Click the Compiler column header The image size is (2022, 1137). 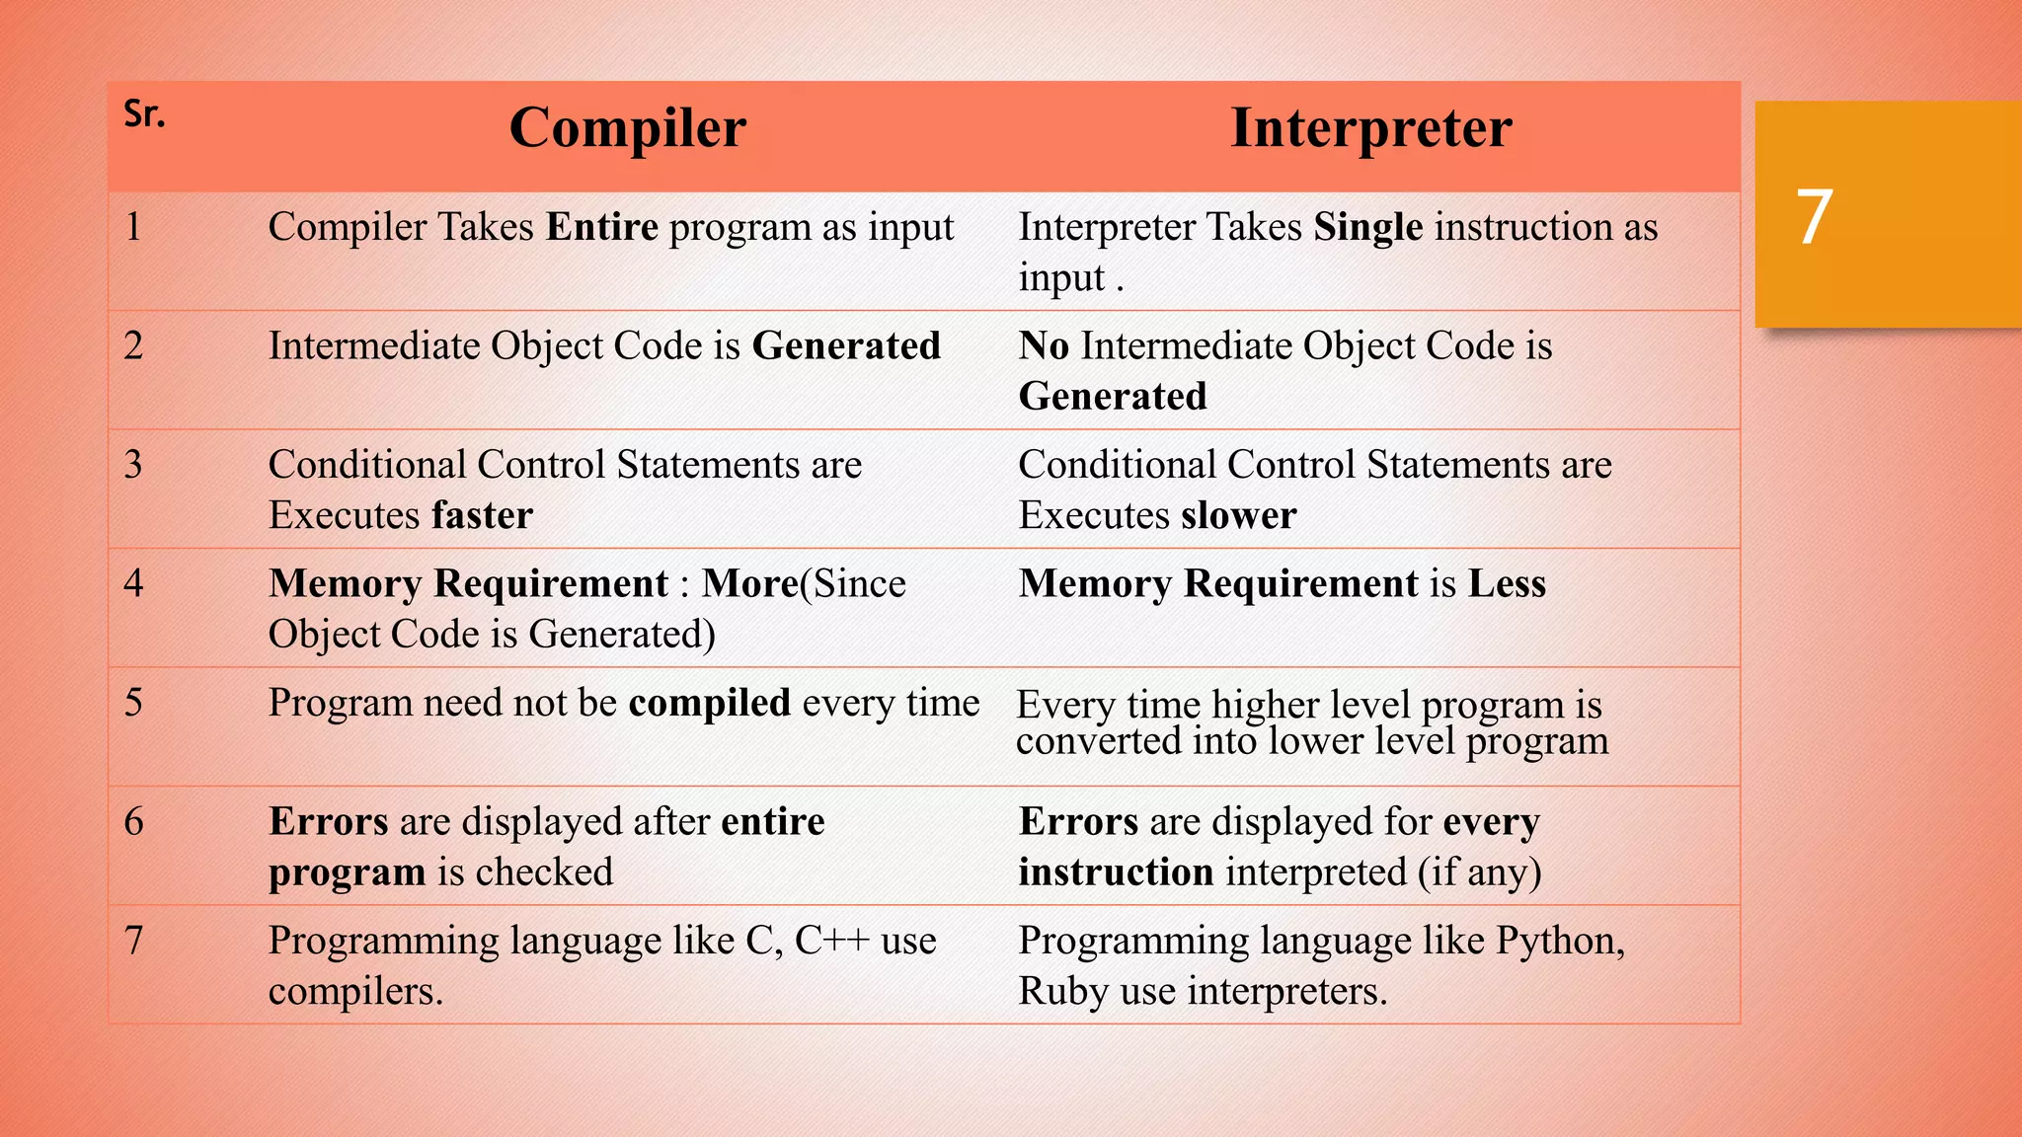coord(627,128)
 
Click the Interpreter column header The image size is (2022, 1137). coord(1370,128)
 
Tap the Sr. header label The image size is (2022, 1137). coord(144,114)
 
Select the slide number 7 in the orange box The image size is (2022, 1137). coord(1814,217)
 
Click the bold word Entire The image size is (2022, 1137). coord(601,227)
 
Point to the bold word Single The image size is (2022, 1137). coord(1367,228)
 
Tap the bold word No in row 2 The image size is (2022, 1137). coord(1044,346)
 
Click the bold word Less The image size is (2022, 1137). coord(1507,583)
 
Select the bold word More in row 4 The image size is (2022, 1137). coord(749,583)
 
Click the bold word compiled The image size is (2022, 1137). coord(709,703)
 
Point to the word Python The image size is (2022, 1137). coord(1558,942)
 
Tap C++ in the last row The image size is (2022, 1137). coord(831,941)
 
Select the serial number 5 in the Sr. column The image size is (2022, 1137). coord(133,703)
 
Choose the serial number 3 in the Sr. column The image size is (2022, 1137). coord(133,465)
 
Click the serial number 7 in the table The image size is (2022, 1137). coord(133,941)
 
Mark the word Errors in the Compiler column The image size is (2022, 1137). coord(328,821)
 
